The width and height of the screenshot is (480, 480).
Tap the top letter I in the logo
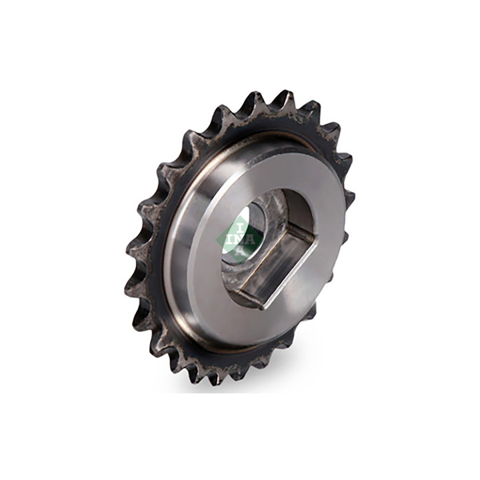pos(241,227)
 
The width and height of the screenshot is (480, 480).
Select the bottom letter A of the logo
pos(240,251)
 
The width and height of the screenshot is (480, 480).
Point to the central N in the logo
pos(240,239)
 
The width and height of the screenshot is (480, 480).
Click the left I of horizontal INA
pos(229,239)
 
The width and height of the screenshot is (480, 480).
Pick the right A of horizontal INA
pos(251,239)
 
